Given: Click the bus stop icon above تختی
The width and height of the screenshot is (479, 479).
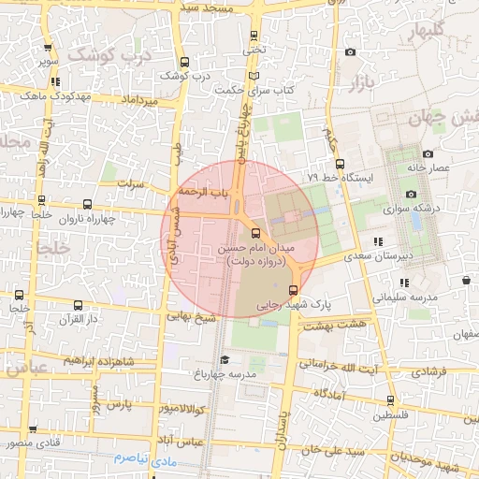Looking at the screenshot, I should (254, 36).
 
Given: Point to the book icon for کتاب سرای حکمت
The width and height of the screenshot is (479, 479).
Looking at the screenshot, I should (254, 77).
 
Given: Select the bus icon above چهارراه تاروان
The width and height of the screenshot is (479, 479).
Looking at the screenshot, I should (87, 204).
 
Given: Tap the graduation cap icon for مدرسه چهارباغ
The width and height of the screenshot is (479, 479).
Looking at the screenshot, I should (224, 359).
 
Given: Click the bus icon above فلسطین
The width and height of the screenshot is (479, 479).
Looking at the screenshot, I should (391, 400).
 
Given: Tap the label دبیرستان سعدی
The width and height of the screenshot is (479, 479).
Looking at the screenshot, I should (373, 254).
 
